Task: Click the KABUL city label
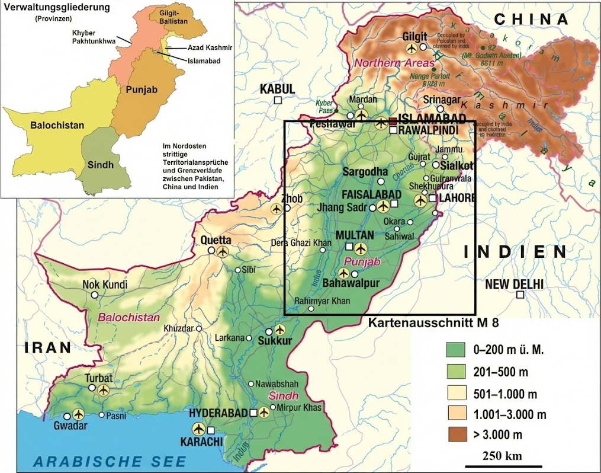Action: [277, 89]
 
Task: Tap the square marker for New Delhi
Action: [519, 295]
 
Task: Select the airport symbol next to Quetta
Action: [223, 251]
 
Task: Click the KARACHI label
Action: [205, 442]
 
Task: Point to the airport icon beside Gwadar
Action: [78, 415]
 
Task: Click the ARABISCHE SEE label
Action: [110, 461]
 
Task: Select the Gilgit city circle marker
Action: [423, 47]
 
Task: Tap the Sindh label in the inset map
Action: [100, 165]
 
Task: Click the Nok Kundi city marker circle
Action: [94, 295]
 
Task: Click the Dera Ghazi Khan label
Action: [301, 242]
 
